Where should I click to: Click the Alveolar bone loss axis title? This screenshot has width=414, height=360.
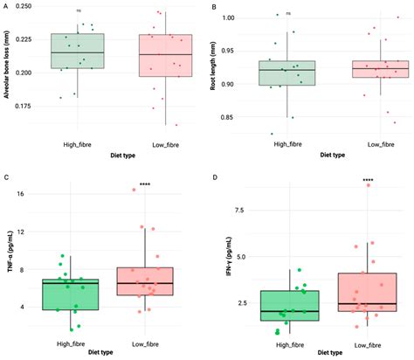(x=6, y=70)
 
